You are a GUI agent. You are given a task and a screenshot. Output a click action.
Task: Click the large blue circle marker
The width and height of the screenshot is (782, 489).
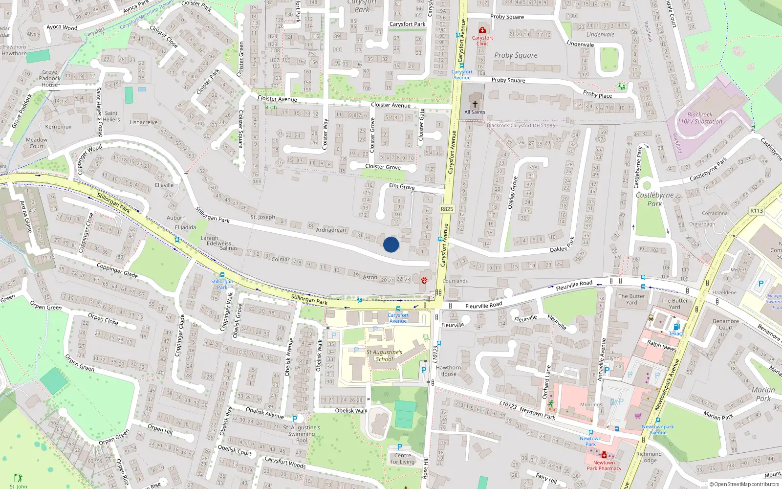(391, 244)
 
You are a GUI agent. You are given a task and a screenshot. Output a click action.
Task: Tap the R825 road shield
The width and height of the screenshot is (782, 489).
(447, 209)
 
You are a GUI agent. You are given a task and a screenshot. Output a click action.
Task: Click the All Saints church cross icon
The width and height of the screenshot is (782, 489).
(475, 104)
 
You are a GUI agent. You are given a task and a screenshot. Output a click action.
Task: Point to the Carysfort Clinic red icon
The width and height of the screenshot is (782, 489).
(482, 30)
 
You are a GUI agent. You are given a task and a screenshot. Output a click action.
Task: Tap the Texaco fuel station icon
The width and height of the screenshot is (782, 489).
(676, 327)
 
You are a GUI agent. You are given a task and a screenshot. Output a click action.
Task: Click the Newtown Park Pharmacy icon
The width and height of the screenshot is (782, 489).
(604, 455)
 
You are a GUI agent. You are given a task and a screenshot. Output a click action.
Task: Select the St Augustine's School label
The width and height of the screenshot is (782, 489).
(384, 356)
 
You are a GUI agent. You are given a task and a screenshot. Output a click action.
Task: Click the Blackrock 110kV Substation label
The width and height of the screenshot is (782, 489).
(699, 118)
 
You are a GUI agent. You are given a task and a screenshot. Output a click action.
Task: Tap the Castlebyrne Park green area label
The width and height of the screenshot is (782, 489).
(654, 199)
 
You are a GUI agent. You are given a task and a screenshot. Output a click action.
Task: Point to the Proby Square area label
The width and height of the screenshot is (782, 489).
(516, 55)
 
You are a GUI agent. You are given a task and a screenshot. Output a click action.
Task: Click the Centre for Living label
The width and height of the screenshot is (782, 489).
(402, 458)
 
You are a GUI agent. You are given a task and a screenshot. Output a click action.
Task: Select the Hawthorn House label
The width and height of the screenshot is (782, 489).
(448, 371)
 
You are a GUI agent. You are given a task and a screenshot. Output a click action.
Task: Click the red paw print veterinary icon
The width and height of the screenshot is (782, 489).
(424, 280)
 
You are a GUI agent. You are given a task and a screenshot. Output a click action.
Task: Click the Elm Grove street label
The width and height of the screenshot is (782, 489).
(402, 186)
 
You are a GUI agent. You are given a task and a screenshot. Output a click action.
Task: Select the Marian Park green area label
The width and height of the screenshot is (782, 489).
(763, 394)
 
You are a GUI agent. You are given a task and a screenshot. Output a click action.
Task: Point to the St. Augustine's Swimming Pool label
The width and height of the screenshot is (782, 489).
(302, 434)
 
